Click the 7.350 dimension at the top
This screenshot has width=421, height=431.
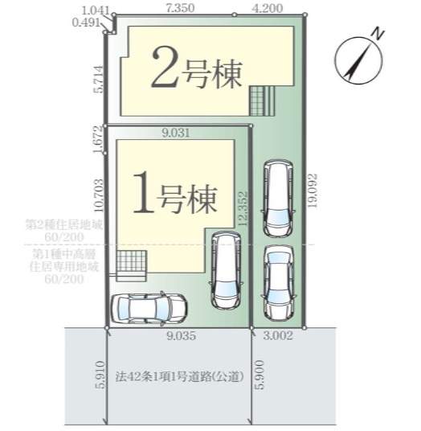(x=180, y=8)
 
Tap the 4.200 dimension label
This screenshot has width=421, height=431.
(x=268, y=8)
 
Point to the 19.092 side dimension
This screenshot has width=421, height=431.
(x=313, y=191)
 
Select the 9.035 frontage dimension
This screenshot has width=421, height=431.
(x=182, y=335)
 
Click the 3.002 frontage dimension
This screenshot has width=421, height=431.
(x=278, y=335)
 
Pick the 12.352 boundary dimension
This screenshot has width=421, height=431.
(x=243, y=208)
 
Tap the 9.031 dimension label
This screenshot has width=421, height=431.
(x=176, y=133)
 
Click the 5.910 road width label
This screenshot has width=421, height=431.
(x=100, y=375)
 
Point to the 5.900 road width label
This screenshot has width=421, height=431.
(x=260, y=375)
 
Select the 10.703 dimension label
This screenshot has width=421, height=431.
(x=99, y=195)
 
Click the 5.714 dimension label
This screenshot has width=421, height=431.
(x=99, y=79)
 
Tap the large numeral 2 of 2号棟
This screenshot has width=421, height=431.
(x=165, y=67)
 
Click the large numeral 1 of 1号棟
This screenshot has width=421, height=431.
(x=143, y=192)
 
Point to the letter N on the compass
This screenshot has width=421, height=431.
(x=378, y=34)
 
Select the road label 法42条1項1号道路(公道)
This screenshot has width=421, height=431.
(x=180, y=376)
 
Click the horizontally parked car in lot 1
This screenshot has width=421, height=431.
(x=149, y=307)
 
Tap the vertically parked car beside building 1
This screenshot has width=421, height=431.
(x=227, y=269)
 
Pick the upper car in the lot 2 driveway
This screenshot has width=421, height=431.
(x=278, y=198)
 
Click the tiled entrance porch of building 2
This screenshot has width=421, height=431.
(x=262, y=101)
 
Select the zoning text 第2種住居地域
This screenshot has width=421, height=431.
(x=64, y=224)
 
